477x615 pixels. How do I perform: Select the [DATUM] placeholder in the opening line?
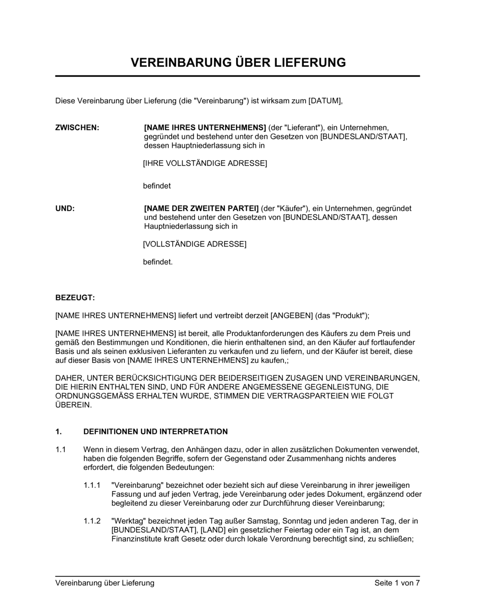click(x=325, y=101)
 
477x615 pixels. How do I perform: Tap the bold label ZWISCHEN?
click(x=77, y=128)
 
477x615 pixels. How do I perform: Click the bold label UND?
click(x=65, y=208)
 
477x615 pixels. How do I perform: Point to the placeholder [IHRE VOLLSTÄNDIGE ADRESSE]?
click(x=205, y=164)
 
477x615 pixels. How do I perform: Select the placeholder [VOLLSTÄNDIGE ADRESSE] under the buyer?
click(x=195, y=244)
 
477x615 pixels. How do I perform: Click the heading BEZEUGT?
click(x=75, y=297)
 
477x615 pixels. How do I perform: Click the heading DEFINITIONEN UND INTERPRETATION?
click(x=156, y=431)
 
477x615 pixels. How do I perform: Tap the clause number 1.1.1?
click(x=92, y=485)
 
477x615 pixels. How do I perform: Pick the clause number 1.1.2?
click(x=92, y=521)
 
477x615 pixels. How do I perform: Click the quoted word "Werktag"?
click(x=126, y=521)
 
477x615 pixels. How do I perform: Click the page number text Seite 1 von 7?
click(x=397, y=583)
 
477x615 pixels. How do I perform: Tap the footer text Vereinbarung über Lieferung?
click(x=105, y=583)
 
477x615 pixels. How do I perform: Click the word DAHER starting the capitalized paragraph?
click(x=69, y=378)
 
